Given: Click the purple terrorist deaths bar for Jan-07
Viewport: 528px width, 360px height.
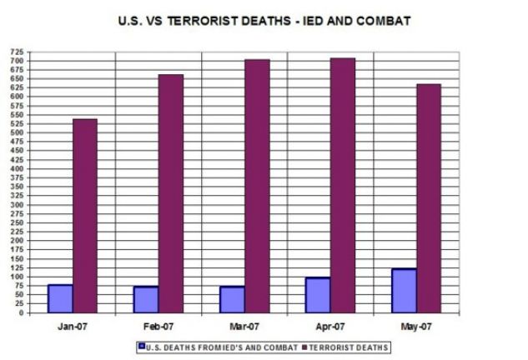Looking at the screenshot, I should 85,216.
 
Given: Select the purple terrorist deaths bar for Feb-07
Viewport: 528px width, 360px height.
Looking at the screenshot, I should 171,193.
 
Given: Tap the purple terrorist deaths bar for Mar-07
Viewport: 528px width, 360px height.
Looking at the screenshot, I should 257,186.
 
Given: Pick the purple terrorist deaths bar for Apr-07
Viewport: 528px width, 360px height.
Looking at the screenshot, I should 343,185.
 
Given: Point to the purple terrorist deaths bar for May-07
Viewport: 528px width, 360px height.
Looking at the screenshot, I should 429,198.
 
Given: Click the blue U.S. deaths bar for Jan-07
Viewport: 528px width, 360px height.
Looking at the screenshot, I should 60,298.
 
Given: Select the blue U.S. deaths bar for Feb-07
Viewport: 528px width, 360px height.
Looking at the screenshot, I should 146,299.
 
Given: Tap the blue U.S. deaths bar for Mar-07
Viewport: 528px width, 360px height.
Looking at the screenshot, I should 232,299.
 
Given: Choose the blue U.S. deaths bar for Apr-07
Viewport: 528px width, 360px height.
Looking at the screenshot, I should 318,295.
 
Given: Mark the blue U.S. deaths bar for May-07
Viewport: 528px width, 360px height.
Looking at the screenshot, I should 404,291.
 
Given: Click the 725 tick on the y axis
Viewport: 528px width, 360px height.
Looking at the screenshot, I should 16,52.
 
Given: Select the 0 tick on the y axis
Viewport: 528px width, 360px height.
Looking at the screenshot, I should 22,313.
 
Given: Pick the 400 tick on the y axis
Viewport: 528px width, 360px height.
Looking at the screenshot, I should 16,169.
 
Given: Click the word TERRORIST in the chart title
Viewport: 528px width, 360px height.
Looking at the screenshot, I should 231,21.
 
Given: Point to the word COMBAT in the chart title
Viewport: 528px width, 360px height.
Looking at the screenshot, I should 382,21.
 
